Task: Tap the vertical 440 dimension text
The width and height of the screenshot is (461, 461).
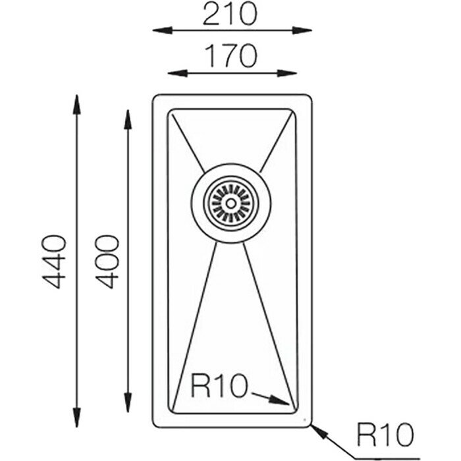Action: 54,261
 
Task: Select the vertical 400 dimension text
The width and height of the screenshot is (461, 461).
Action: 105,261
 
